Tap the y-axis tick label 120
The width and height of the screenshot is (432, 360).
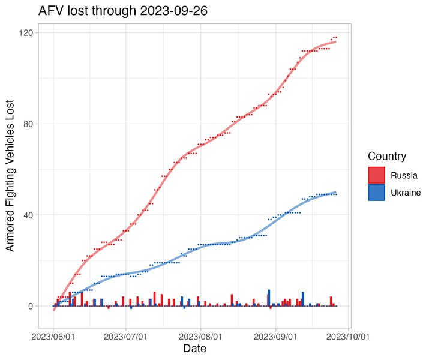pos(27,32)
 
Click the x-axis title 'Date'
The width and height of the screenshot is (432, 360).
pos(196,348)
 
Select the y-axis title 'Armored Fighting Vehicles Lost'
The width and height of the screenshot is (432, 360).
pos(10,174)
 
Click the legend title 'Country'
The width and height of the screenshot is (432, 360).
pos(388,157)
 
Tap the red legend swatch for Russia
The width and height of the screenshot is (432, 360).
pos(377,176)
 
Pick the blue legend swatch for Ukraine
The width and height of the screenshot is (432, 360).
pos(377,193)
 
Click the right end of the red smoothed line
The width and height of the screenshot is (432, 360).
pos(335,41)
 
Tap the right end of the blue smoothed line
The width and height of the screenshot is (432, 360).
pos(335,192)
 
